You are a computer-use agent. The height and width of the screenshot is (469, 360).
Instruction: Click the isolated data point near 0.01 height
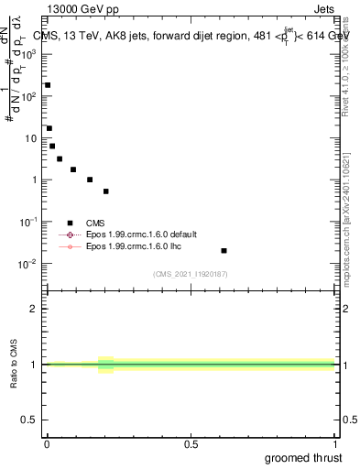[x=224, y=250]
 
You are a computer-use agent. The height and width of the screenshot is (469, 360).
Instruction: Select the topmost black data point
[x=48, y=85]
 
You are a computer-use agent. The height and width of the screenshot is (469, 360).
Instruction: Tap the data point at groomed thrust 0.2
[x=106, y=191]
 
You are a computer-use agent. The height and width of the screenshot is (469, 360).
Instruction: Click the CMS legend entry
[x=95, y=223]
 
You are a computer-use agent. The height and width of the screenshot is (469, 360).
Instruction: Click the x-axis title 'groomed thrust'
[x=302, y=457]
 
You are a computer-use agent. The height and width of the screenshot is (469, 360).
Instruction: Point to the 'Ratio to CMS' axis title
[x=14, y=365]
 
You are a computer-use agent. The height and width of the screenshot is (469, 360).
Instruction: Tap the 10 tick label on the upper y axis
[x=30, y=138]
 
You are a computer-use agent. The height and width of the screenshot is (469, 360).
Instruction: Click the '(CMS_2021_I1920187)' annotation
[x=190, y=274]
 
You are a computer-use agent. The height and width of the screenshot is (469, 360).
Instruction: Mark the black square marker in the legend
[x=70, y=223]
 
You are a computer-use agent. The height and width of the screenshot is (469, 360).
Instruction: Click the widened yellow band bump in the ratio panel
[x=106, y=365]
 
